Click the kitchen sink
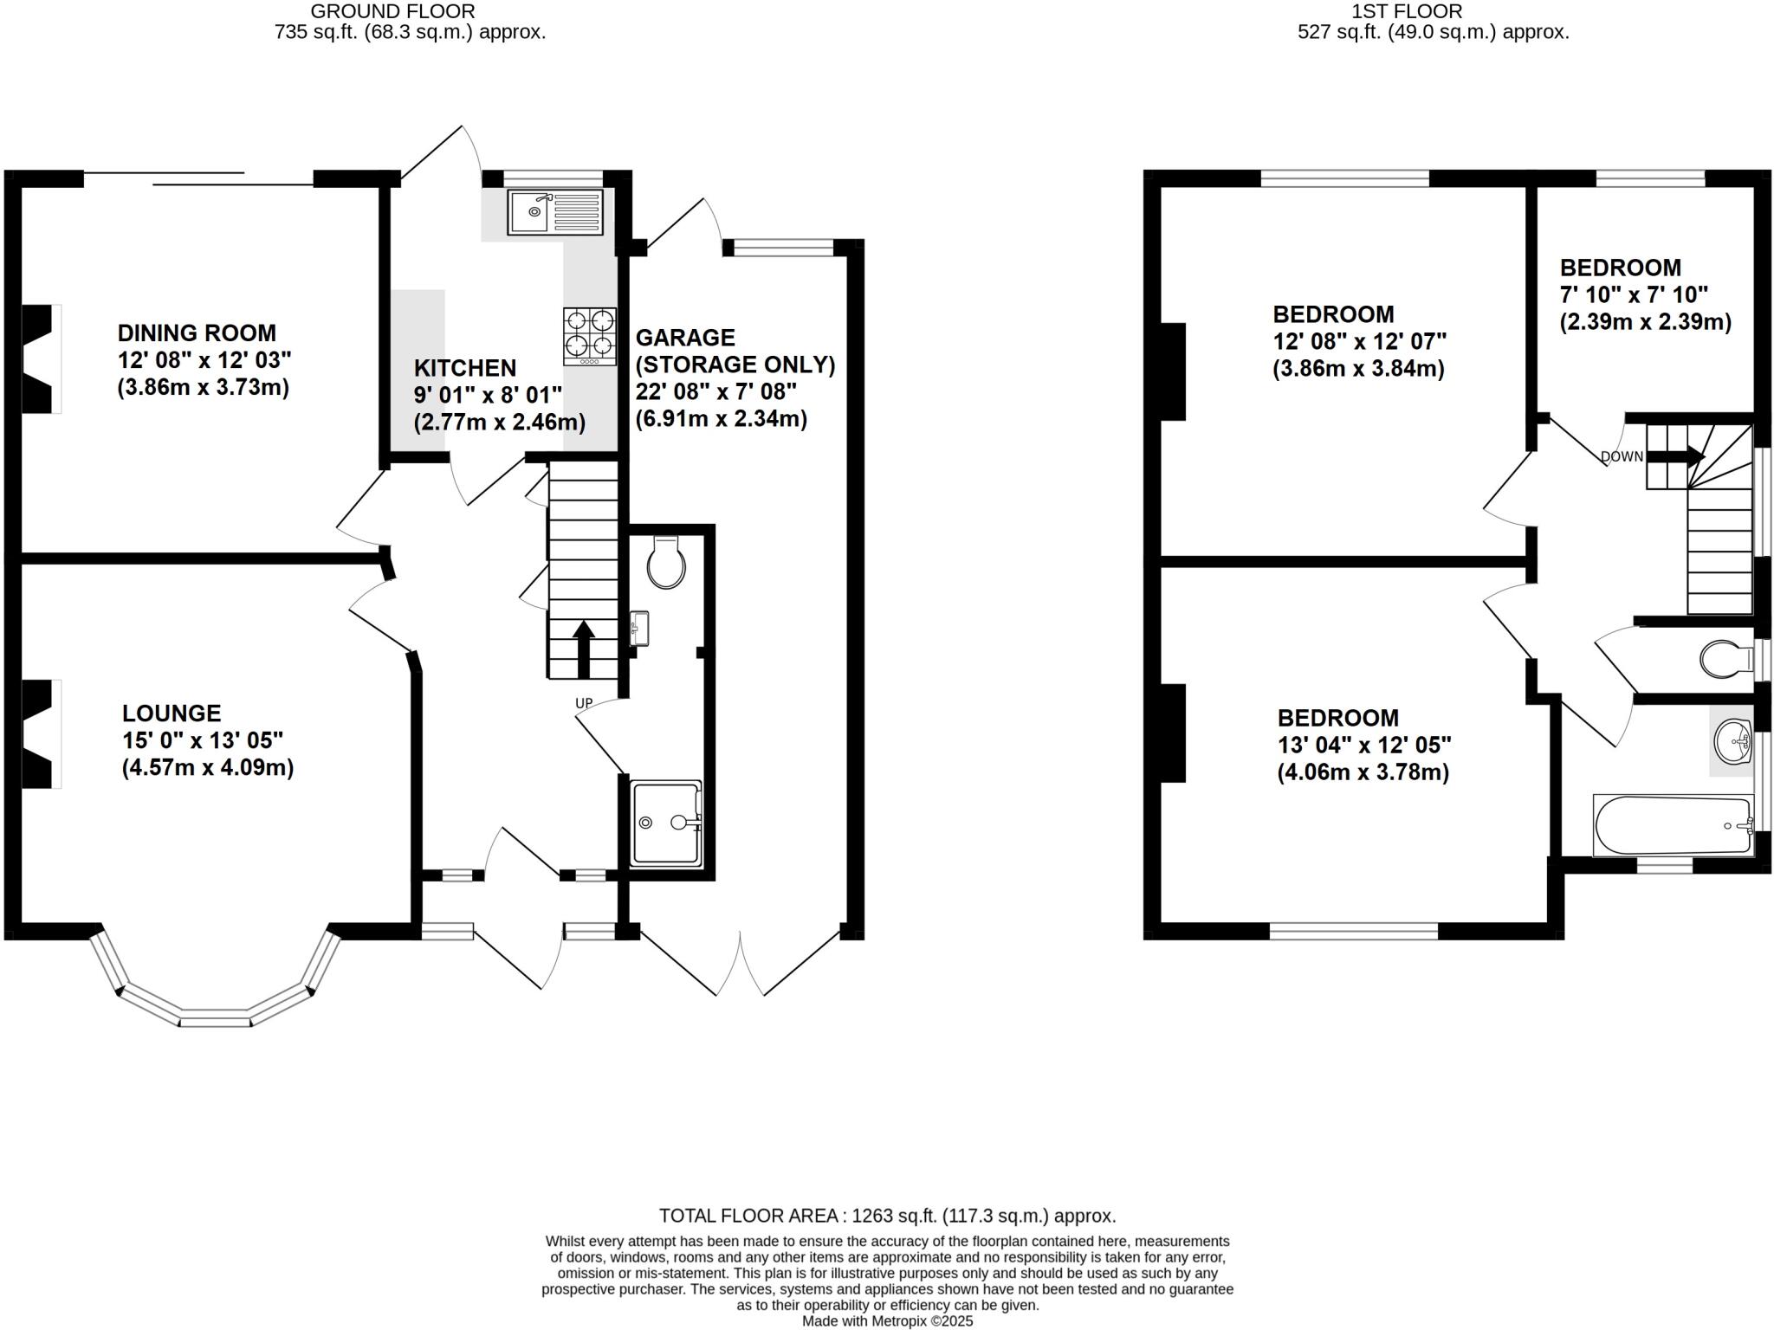[x=555, y=212]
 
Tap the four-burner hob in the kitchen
[x=590, y=336]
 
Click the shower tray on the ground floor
[x=666, y=823]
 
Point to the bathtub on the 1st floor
[x=1674, y=825]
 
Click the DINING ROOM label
[x=197, y=332]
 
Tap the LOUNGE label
[x=172, y=713]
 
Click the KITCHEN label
[x=465, y=368]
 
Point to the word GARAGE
[x=685, y=338]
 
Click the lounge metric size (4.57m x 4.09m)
[x=208, y=768]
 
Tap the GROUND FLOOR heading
[x=392, y=11]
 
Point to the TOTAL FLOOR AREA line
[x=887, y=1216]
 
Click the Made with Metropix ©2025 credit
[x=887, y=1321]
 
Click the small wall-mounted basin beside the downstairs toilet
[x=639, y=629]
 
